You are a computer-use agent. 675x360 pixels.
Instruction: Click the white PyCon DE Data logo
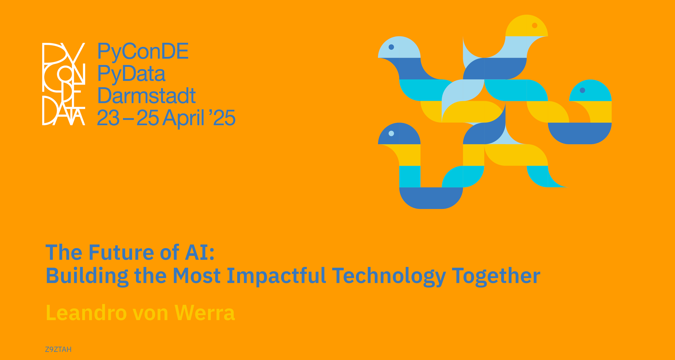tap(64, 84)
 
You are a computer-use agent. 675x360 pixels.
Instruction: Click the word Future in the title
tap(121, 252)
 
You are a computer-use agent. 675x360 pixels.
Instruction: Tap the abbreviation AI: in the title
tap(200, 252)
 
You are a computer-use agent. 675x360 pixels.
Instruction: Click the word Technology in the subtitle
tap(389, 276)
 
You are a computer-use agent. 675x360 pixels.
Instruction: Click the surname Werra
tap(205, 313)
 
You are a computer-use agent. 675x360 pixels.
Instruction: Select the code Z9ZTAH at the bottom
tap(58, 349)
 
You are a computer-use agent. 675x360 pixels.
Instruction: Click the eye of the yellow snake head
tap(534, 25)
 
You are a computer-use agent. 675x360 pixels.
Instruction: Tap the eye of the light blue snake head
tap(391, 47)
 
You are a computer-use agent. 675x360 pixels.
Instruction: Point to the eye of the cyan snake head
tap(583, 90)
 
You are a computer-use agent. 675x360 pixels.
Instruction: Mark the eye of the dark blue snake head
tap(391, 133)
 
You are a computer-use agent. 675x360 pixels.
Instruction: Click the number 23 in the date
tap(108, 118)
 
